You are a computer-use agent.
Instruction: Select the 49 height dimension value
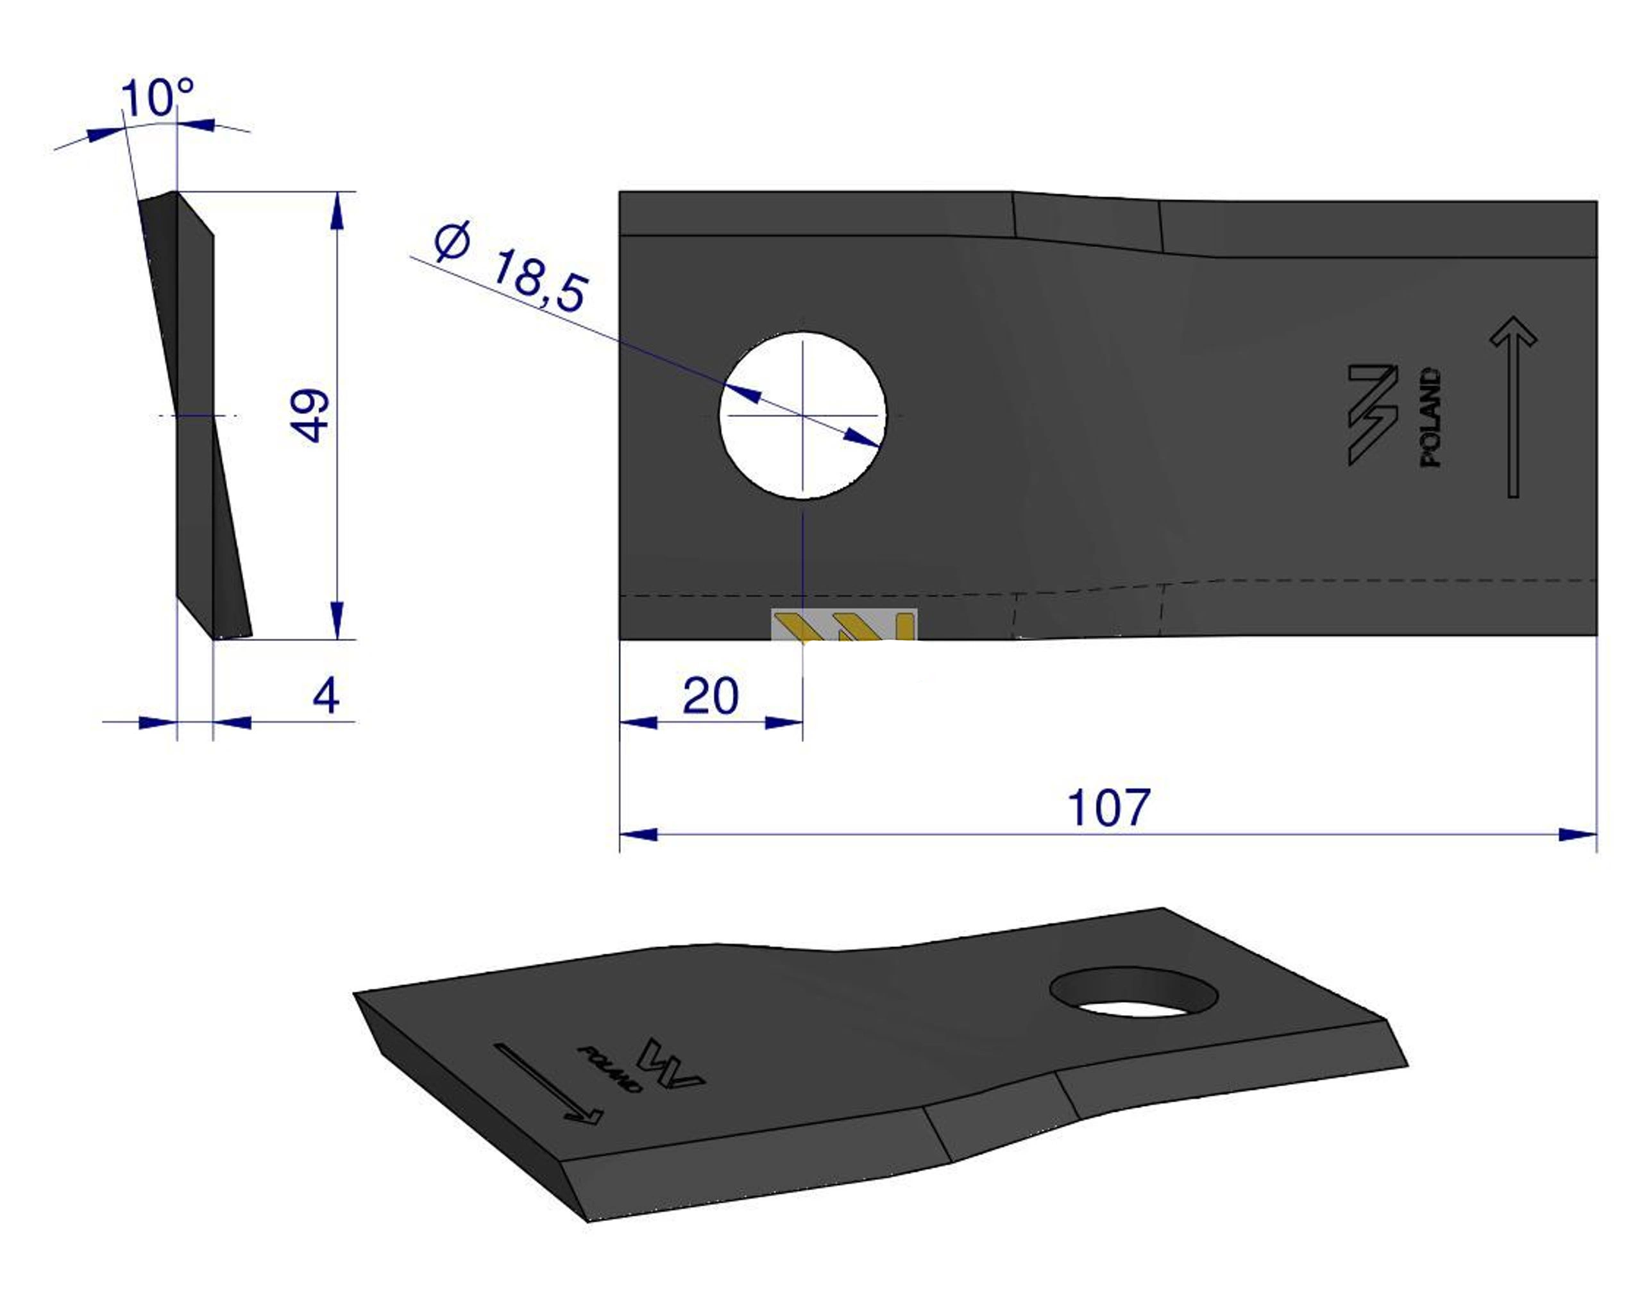(310, 415)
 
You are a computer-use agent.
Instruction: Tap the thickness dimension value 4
(326, 695)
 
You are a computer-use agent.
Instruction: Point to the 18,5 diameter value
(540, 280)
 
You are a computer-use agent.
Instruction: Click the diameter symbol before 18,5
(452, 241)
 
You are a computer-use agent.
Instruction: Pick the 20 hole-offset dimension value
(710, 695)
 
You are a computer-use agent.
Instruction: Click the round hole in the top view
(803, 415)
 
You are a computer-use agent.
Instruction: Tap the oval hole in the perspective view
(1133, 992)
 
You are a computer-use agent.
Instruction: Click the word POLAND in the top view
(1431, 418)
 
